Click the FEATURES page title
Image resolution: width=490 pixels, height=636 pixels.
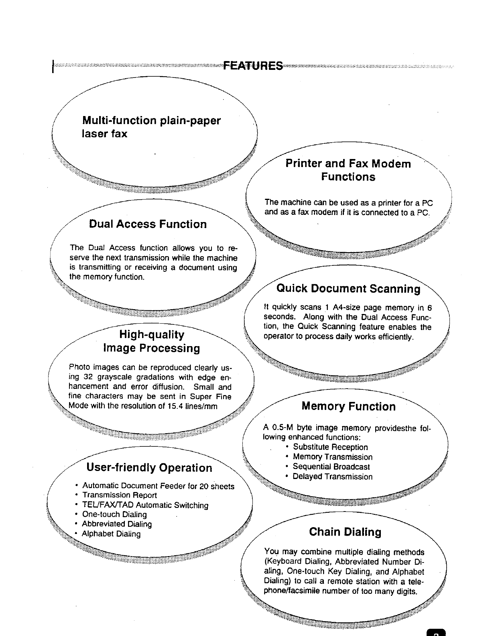[x=252, y=65]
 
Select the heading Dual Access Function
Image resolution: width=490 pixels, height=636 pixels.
[x=148, y=224]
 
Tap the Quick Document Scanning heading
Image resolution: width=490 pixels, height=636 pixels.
[x=348, y=289]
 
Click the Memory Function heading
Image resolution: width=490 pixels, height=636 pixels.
[x=348, y=407]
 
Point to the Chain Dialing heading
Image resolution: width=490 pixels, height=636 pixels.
[x=345, y=532]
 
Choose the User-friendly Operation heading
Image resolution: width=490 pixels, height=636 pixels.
[x=149, y=468]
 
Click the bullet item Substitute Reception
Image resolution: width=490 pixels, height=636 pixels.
[x=330, y=447]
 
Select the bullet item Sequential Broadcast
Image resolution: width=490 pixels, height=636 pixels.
[x=331, y=467]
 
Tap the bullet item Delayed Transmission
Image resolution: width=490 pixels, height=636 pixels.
[x=332, y=477]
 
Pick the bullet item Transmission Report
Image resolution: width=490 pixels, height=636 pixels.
[x=119, y=495]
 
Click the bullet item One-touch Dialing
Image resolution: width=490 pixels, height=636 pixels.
[x=114, y=514]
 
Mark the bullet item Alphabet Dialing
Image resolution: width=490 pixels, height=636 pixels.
[x=111, y=534]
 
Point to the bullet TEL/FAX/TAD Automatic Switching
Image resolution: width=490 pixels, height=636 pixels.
[x=145, y=505]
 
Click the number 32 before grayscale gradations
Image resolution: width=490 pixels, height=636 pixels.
[x=88, y=377]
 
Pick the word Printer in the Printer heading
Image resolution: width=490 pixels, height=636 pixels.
[x=303, y=164]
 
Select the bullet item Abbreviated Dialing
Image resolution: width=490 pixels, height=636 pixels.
[x=117, y=524]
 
